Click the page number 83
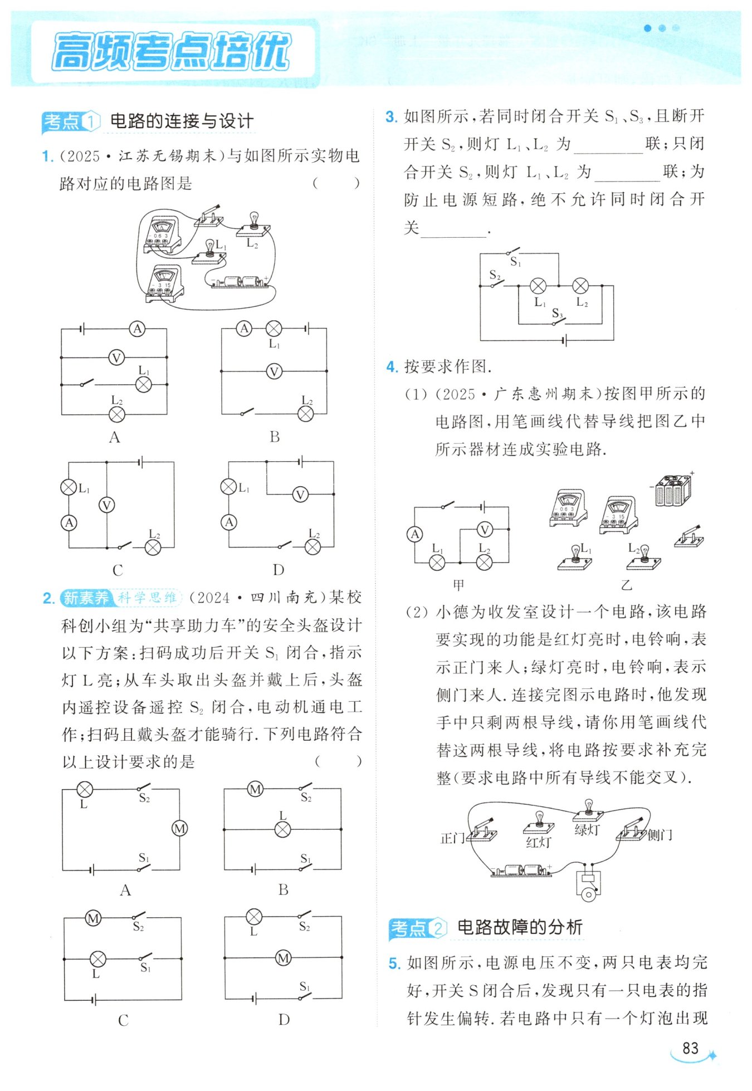point(690,1048)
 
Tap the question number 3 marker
point(392,117)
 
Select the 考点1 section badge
point(71,121)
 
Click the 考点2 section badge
point(417,928)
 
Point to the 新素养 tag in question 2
point(86,598)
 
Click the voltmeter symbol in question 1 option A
point(116,357)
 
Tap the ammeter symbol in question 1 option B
point(244,329)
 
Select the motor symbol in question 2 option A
point(179,828)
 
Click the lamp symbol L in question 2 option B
point(283,829)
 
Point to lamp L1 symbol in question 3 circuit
point(538,286)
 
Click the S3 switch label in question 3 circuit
point(557,314)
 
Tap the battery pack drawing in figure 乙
point(673,490)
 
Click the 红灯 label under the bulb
point(538,843)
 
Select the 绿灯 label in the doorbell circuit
point(587,830)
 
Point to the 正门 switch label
point(452,838)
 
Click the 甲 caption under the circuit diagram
point(458,585)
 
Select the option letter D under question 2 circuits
point(284,1019)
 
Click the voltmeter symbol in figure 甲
point(485,530)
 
